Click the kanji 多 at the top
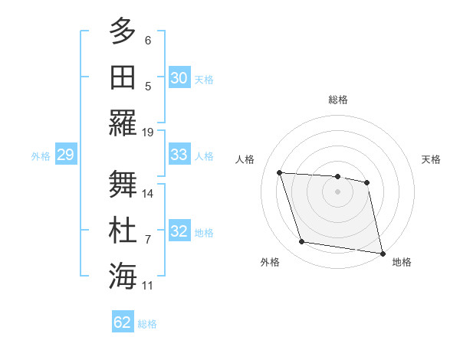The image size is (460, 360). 123,33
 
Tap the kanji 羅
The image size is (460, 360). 123,123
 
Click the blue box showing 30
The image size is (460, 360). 179,78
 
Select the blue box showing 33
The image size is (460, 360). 179,155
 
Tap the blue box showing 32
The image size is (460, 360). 179,232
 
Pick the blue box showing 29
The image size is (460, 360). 65,155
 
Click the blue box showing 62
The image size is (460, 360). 123,322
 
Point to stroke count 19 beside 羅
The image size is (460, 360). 149,132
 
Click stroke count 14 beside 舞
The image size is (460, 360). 149,193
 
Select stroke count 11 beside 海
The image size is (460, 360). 149,286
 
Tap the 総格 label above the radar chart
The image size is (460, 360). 337,100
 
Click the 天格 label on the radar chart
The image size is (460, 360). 432,159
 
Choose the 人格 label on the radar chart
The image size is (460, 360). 245,159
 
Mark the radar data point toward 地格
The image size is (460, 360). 382,253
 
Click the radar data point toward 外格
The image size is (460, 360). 302,242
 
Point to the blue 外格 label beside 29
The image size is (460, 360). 41,156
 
